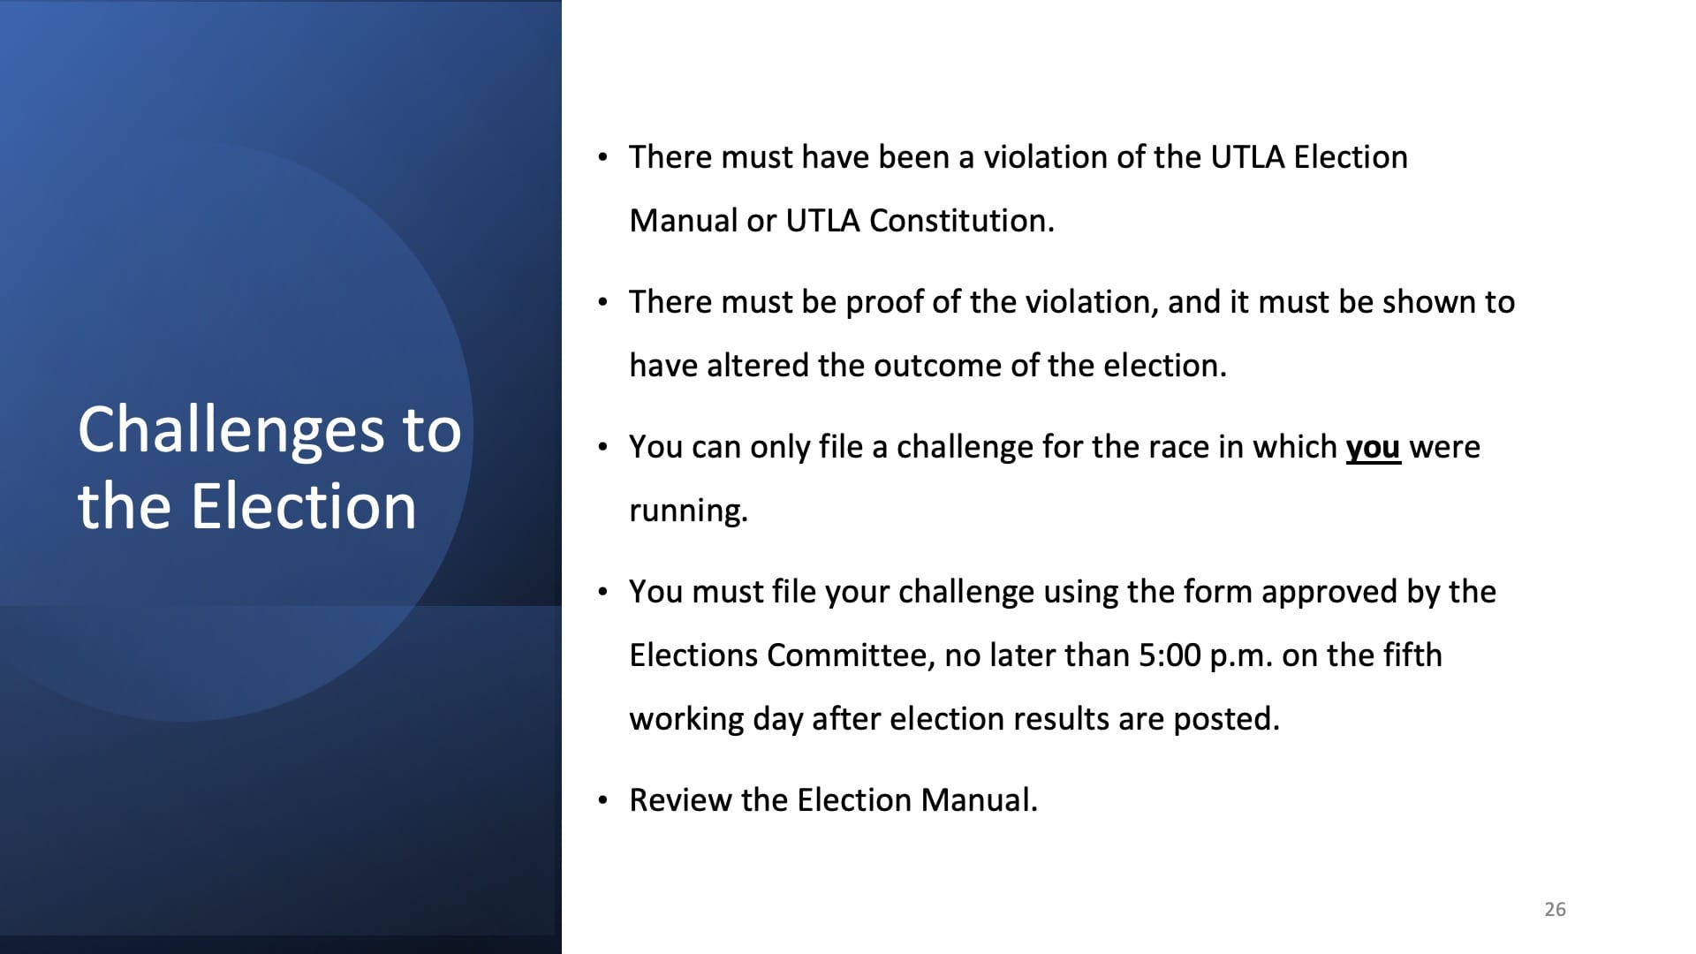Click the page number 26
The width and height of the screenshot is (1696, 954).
click(1555, 909)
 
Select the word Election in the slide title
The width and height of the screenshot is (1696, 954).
click(304, 506)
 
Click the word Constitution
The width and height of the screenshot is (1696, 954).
click(961, 221)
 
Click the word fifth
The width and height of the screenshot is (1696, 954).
click(1410, 655)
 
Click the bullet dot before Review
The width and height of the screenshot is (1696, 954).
click(602, 801)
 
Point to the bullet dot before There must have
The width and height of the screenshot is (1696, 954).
click(602, 158)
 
